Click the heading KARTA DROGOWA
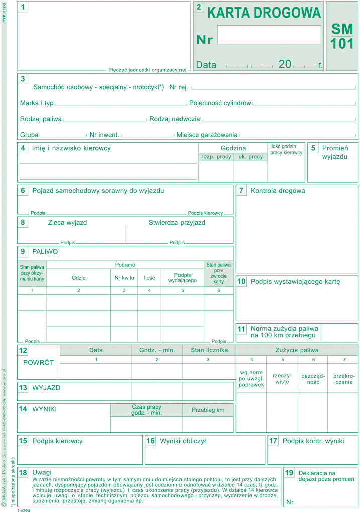pyautogui.click(x=264, y=13)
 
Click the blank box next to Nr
pyautogui.click(x=269, y=35)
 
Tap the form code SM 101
pyautogui.click(x=342, y=36)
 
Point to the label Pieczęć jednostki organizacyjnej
pyautogui.click(x=147, y=70)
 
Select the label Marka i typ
pyautogui.click(x=37, y=103)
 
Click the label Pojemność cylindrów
pyautogui.click(x=220, y=103)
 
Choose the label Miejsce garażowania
pyautogui.click(x=207, y=135)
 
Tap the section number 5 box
pyautogui.click(x=313, y=148)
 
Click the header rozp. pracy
pyautogui.click(x=216, y=157)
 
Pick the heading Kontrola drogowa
pyautogui.click(x=277, y=191)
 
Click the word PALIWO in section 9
pyautogui.click(x=45, y=252)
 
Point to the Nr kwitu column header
pyautogui.click(x=124, y=277)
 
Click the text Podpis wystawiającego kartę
pyautogui.click(x=295, y=282)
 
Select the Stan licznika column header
pyautogui.click(x=209, y=350)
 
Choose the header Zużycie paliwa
pyautogui.click(x=297, y=350)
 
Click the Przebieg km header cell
pyautogui.click(x=208, y=409)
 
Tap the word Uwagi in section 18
pyautogui.click(x=42, y=472)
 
